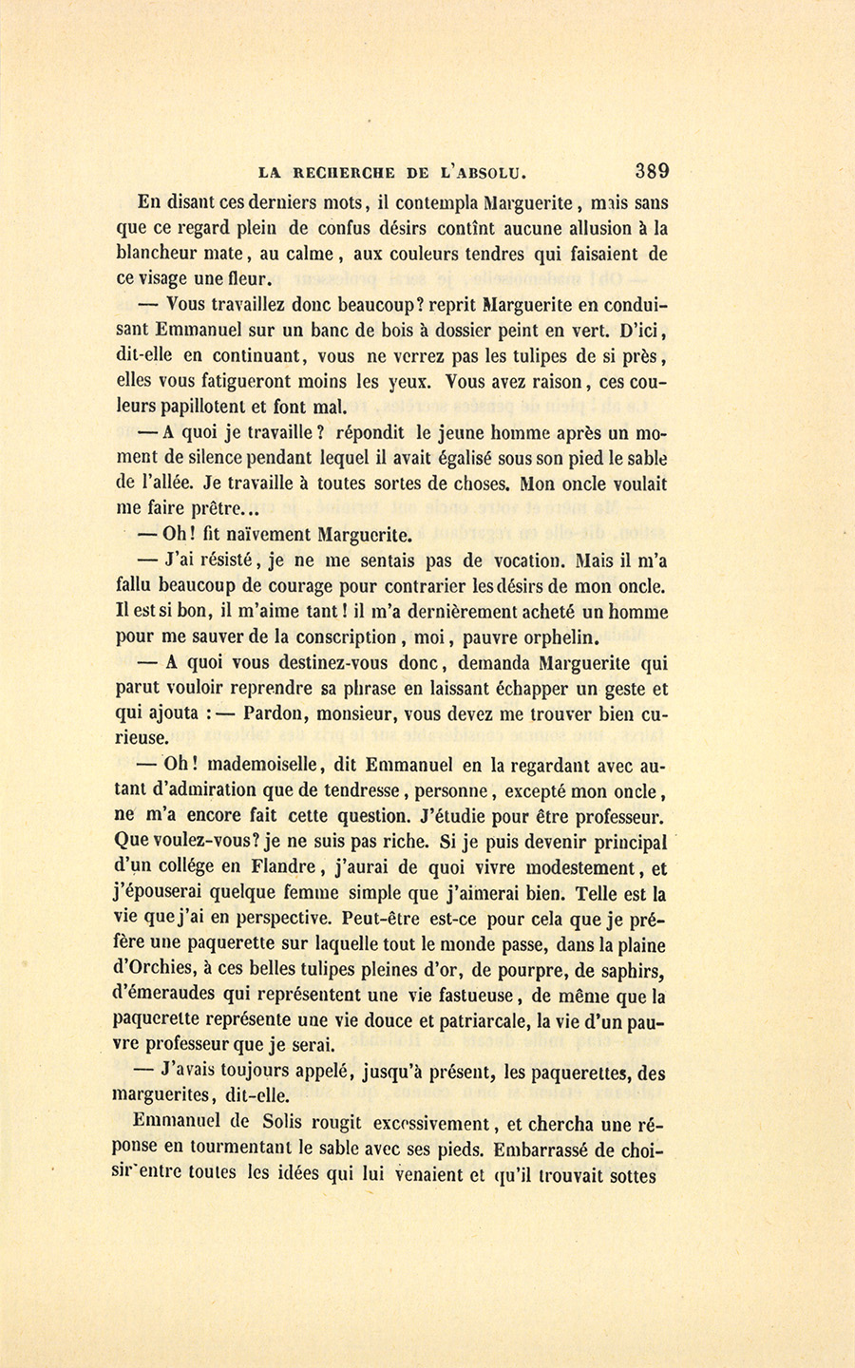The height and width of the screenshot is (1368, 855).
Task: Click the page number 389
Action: pos(652,172)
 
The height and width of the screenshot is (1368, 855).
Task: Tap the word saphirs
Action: pos(630,972)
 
